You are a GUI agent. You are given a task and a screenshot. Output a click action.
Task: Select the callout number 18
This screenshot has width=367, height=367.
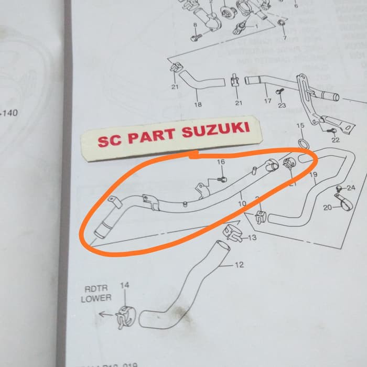pyautogui.click(x=198, y=104)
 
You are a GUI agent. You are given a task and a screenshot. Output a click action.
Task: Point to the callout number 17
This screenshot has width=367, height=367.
pyautogui.click(x=267, y=101)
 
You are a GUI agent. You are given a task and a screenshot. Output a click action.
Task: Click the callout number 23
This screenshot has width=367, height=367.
pyautogui.click(x=282, y=105)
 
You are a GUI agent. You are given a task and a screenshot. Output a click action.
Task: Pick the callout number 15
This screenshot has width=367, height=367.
pyautogui.click(x=300, y=126)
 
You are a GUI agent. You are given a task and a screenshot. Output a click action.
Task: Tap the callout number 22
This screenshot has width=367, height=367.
pyautogui.click(x=336, y=139)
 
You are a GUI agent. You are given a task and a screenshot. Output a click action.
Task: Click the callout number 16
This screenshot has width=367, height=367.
pyautogui.click(x=221, y=162)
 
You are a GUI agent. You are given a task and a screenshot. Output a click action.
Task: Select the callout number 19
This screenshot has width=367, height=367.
pyautogui.click(x=313, y=174)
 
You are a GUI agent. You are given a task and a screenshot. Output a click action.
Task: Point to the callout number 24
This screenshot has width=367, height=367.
pyautogui.click(x=351, y=188)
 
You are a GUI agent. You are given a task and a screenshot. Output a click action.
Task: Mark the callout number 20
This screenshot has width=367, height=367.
pyautogui.click(x=327, y=208)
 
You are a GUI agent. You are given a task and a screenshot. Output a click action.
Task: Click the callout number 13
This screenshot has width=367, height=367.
pyautogui.click(x=252, y=239)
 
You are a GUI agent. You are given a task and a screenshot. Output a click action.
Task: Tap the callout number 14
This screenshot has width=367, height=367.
pyautogui.click(x=124, y=286)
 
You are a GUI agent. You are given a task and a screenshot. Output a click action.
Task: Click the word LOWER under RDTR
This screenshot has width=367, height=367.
pyautogui.click(x=96, y=298)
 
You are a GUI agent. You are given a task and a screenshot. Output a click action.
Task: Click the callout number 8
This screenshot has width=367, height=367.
pyautogui.click(x=195, y=25)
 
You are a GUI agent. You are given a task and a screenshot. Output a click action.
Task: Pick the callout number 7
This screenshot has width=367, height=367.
pyautogui.click(x=284, y=38)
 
